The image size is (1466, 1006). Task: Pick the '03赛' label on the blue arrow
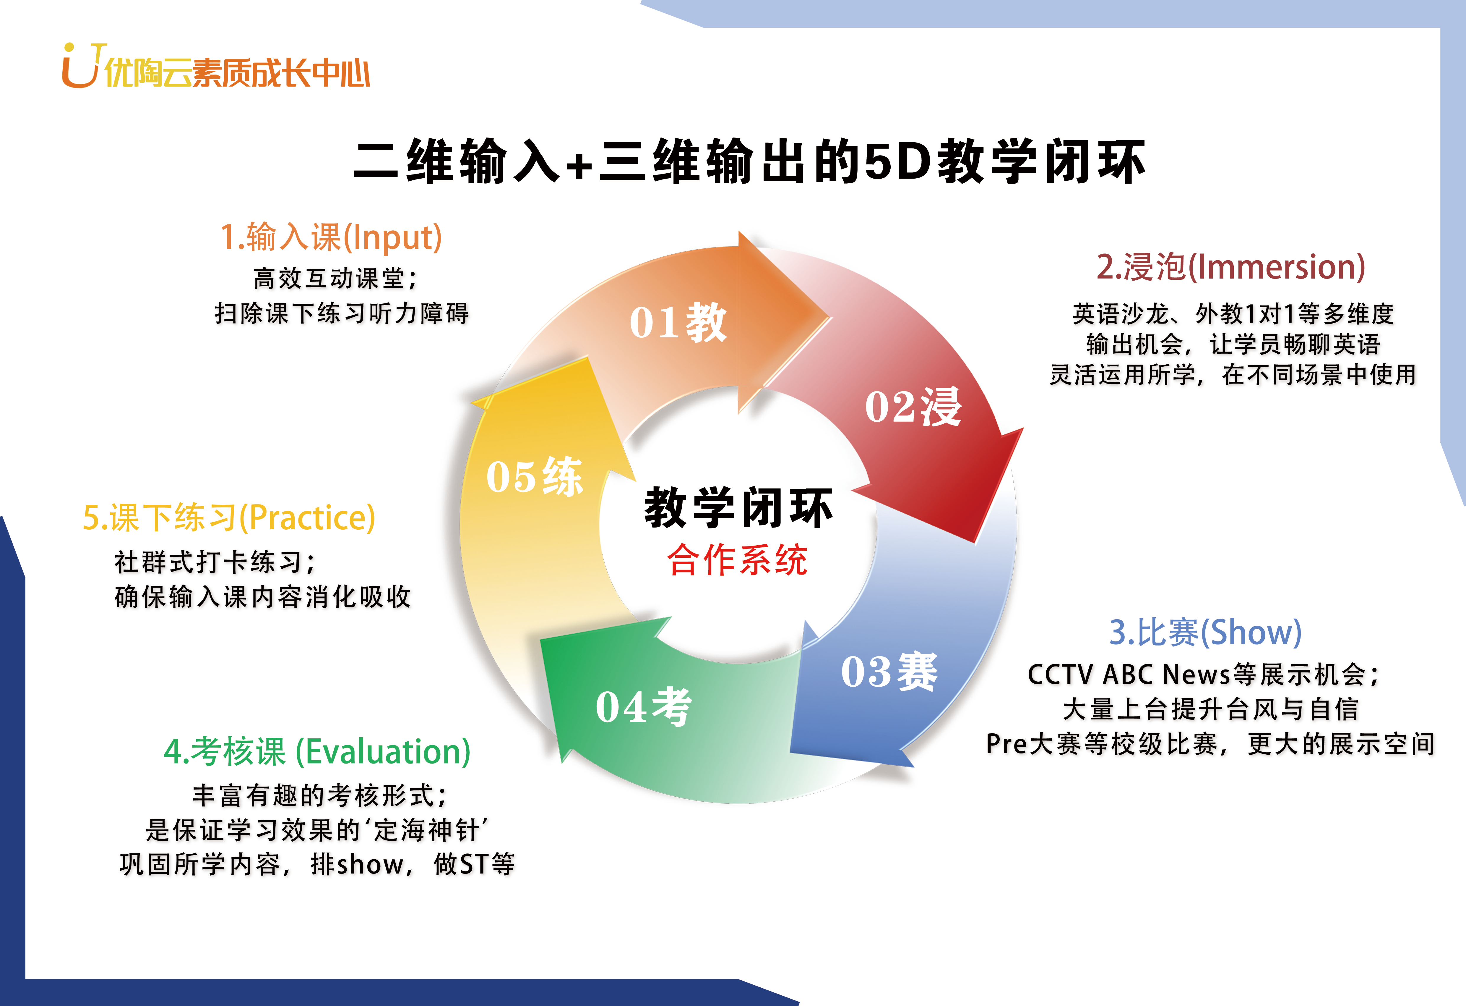pyautogui.click(x=889, y=672)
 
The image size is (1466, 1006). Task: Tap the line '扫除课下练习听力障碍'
pyautogui.click(x=342, y=313)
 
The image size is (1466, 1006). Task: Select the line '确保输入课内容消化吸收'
pyautogui.click(x=262, y=596)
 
